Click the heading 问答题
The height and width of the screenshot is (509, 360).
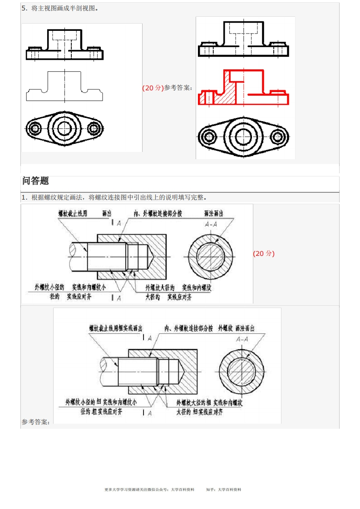tap(35, 181)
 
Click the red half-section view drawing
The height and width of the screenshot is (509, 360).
tap(243, 88)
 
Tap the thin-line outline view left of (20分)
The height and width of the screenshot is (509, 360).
tap(64, 86)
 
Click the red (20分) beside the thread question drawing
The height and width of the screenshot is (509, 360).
tap(264, 254)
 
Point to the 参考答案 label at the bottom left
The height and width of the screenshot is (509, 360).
tap(35, 422)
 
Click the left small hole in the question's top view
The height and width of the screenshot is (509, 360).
tap(34, 128)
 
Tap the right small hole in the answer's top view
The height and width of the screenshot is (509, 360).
tap(278, 136)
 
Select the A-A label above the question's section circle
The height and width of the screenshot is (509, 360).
tap(211, 224)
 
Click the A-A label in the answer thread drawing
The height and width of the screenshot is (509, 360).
tap(242, 339)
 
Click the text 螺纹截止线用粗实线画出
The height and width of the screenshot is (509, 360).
tap(116, 328)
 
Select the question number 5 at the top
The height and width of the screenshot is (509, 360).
tap(24, 8)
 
